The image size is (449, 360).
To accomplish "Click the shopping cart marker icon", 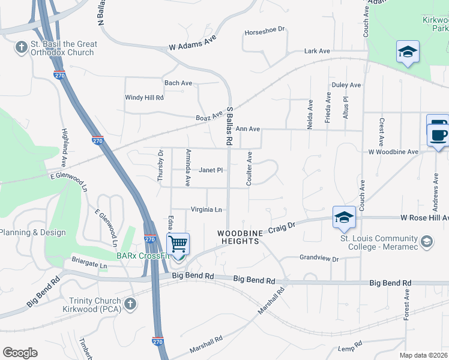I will pyautogui.click(x=178, y=245).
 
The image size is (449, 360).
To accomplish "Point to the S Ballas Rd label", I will pyautogui.click(x=229, y=127).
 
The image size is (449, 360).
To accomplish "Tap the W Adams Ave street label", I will pyautogui.click(x=192, y=44).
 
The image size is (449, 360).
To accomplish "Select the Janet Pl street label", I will pyautogui.click(x=211, y=170).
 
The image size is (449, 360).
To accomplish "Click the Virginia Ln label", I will pyautogui.click(x=206, y=209).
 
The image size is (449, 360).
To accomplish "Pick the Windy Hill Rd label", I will pyautogui.click(x=144, y=97).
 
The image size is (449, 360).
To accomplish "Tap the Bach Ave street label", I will pyautogui.click(x=178, y=83).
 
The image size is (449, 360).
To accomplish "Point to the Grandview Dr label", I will pyautogui.click(x=319, y=259).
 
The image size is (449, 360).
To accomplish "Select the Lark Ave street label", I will pyautogui.click(x=317, y=51).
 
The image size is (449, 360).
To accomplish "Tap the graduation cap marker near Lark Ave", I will pyautogui.click(x=408, y=52).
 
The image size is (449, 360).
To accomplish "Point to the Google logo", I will pyautogui.click(x=20, y=352).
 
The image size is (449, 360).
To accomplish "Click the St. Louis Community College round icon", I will pyautogui.click(x=427, y=241).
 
